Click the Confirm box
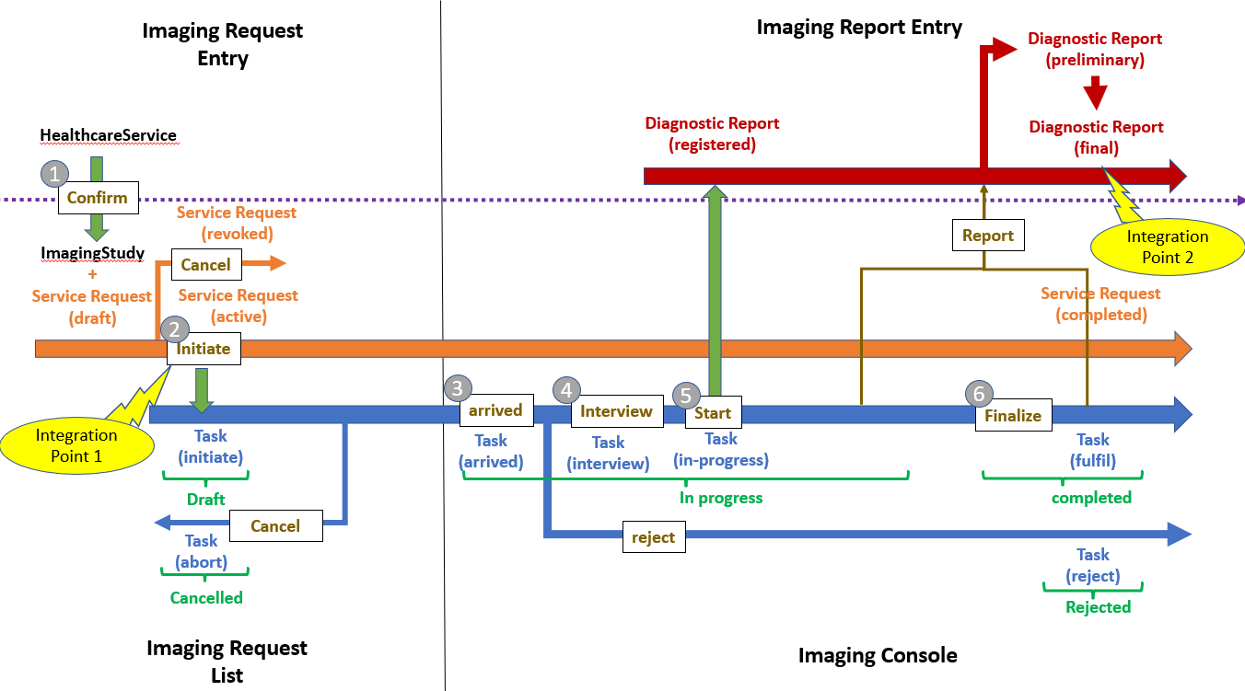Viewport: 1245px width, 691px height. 98,198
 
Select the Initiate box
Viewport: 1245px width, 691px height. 204,350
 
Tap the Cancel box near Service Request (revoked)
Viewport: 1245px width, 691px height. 205,265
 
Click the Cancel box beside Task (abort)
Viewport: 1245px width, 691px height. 275,526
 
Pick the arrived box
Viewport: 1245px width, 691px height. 495,410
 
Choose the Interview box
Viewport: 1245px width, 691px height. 616,411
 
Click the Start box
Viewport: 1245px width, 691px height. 713,413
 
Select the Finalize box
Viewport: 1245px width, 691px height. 1013,416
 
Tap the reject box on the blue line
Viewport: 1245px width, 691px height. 654,537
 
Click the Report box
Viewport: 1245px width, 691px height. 988,236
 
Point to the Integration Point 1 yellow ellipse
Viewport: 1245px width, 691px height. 76,444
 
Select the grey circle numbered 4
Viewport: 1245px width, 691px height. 567,391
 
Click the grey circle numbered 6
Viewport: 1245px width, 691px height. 979,394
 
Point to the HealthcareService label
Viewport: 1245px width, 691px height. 108,135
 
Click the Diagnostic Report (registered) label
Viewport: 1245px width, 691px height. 712,133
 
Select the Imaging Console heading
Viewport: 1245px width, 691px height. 877,655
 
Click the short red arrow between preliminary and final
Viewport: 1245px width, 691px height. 1094,93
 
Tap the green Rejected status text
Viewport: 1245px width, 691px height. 1098,607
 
